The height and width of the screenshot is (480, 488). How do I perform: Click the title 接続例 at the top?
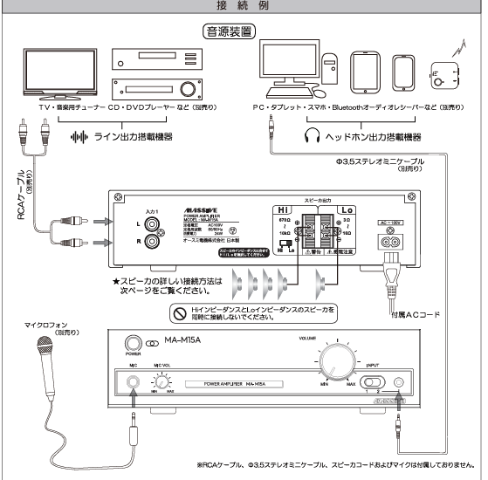244,5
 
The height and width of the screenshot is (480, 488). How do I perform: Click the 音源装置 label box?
227,32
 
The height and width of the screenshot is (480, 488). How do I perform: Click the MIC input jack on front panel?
132,381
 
